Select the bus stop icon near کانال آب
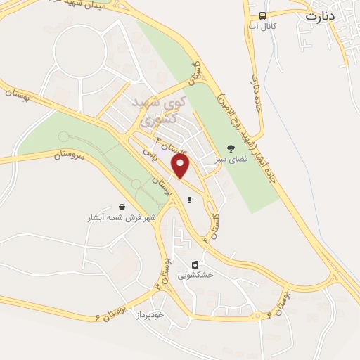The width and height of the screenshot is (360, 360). [262, 15]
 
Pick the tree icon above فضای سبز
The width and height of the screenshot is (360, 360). [230, 148]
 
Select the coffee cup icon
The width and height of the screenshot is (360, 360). [190, 199]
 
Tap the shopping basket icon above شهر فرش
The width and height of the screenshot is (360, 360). [123, 207]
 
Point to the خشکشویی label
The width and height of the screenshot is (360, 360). [195, 276]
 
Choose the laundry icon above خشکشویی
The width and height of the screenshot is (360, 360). [195, 265]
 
